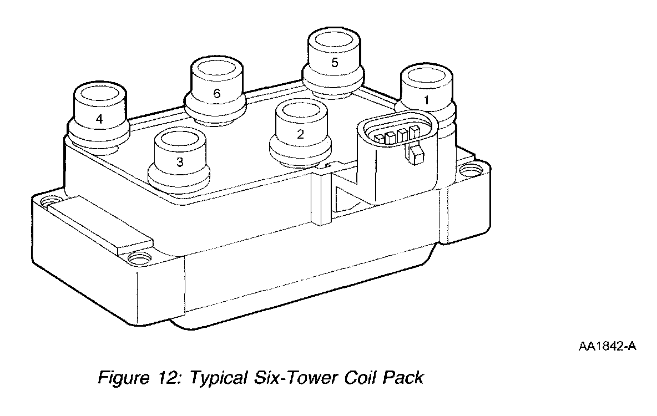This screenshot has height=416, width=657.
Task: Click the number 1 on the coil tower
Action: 426,100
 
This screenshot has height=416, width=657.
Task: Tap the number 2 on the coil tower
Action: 300,134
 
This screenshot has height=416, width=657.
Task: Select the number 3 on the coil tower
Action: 179,162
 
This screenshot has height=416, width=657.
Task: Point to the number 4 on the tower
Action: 99,118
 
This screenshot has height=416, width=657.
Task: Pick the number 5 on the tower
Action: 334,62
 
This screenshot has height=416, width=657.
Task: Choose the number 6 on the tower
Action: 217,94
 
